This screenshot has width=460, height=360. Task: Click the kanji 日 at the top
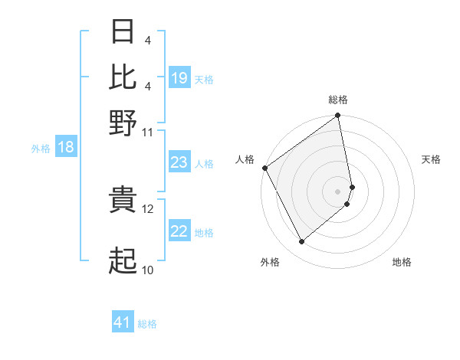[x=123, y=33]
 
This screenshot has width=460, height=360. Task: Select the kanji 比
[x=123, y=77]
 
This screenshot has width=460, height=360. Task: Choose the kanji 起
[x=123, y=261]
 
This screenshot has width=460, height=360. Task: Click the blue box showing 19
[x=179, y=78]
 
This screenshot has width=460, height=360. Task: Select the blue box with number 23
[x=179, y=162]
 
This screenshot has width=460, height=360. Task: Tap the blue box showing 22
[x=179, y=232]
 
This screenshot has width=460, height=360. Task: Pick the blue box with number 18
[x=66, y=147]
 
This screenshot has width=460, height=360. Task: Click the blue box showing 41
[x=123, y=322]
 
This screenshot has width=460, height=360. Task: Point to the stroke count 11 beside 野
[x=148, y=132]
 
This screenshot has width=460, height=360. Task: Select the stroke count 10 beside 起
[x=148, y=270]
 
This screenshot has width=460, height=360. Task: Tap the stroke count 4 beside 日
[x=146, y=39]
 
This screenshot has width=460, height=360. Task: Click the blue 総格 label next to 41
[x=147, y=324]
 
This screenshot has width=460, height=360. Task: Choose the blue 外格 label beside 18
[x=41, y=149]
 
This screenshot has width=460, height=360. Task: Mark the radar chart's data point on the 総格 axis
[x=338, y=116]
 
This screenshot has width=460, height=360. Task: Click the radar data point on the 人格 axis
[x=264, y=168]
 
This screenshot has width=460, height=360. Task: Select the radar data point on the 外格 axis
[x=301, y=242]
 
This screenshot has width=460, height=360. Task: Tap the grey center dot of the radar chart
[x=338, y=190]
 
